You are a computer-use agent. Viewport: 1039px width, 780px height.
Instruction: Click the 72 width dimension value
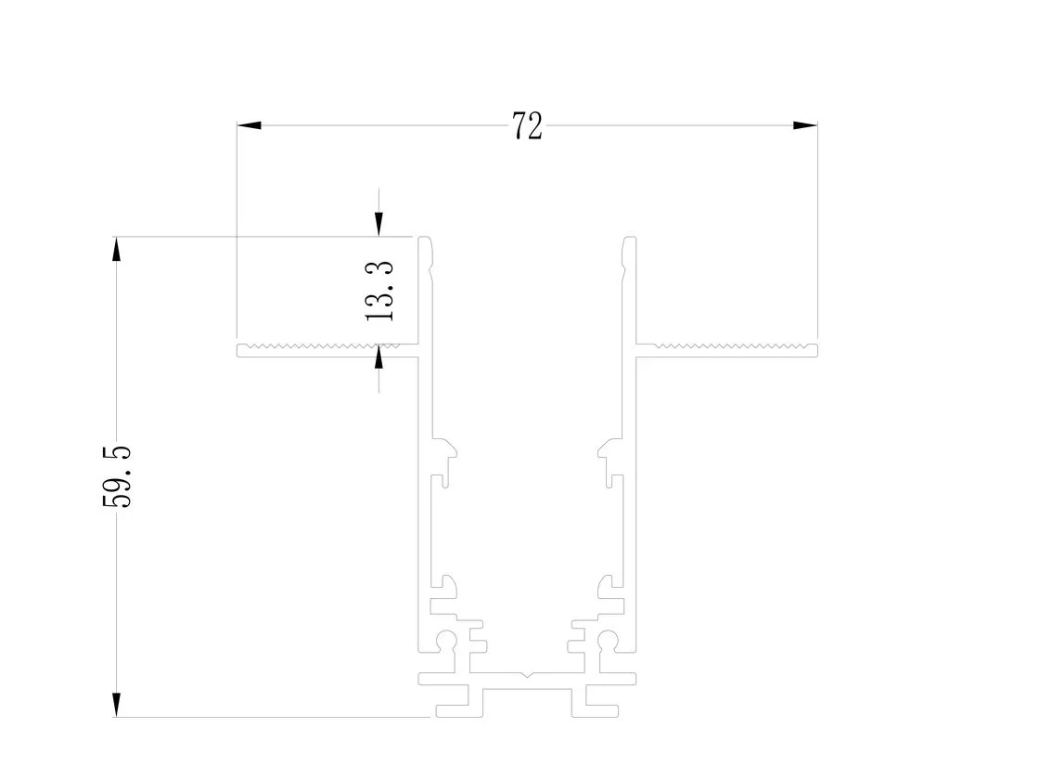(528, 125)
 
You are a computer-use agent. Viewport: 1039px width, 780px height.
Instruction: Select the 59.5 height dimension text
(117, 477)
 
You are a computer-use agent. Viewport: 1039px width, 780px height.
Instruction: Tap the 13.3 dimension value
(379, 292)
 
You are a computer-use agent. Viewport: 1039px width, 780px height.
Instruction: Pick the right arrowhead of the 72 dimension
(805, 124)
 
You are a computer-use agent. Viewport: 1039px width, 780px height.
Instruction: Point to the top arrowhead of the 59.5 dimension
(117, 249)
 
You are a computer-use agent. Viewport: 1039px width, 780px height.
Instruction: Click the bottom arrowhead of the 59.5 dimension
(117, 705)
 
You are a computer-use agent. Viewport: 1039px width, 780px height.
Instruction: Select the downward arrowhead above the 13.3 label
(378, 224)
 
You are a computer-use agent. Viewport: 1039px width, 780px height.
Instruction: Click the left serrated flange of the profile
(328, 350)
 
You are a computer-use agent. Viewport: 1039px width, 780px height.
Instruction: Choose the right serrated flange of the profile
(727, 350)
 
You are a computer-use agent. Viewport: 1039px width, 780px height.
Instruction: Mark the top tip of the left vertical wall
(426, 238)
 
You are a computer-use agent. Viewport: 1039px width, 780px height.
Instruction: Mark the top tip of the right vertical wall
(630, 238)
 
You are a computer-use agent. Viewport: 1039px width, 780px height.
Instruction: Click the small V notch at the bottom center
(527, 676)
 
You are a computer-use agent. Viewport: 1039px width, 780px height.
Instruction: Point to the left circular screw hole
(447, 640)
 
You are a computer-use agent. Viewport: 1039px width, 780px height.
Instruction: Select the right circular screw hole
(608, 640)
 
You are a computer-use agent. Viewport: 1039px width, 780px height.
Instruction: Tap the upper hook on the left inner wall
(445, 450)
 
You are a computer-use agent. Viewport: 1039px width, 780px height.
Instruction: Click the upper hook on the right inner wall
(609, 450)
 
